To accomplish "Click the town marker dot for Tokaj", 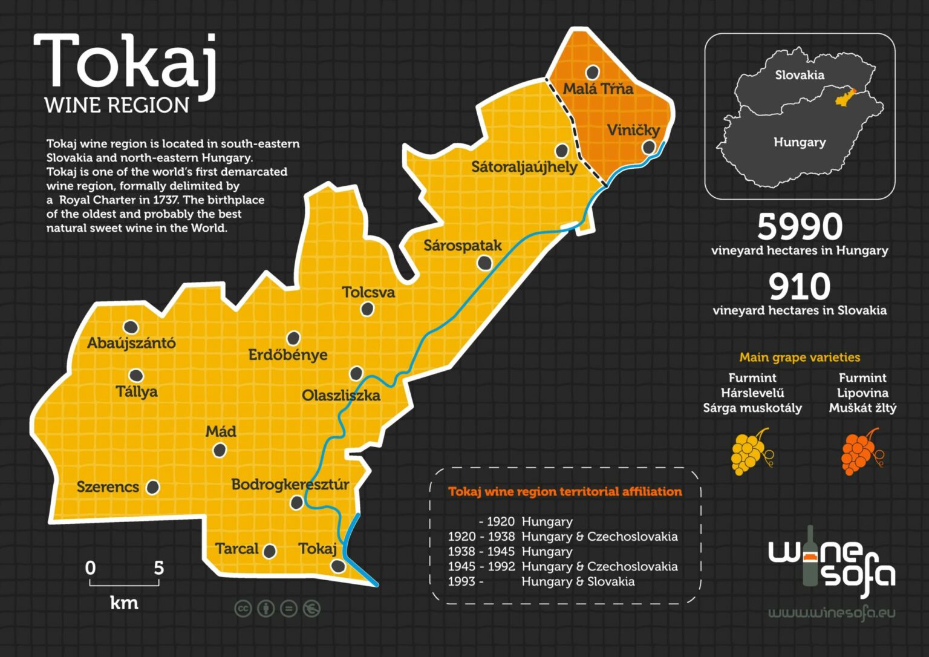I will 337,566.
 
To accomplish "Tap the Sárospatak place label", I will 463,246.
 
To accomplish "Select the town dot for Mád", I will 220,450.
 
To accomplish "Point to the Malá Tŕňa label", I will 598,89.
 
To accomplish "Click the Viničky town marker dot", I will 648,147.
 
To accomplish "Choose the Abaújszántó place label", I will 131,343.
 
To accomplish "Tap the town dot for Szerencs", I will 153,487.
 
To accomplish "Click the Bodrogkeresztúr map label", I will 290,485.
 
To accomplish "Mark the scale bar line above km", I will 124,584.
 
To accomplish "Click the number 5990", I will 800,227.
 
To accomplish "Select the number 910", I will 800,287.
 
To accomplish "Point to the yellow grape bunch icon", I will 751,452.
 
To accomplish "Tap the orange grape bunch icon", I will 860,452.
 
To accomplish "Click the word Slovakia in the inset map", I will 800,75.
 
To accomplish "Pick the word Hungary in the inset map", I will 800,142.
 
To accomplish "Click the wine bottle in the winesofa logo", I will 810,555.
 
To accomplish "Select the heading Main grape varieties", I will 800,358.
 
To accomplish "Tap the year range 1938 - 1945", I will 481,552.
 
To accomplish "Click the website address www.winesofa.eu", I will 832,613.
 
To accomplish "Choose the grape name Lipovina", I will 862,393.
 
